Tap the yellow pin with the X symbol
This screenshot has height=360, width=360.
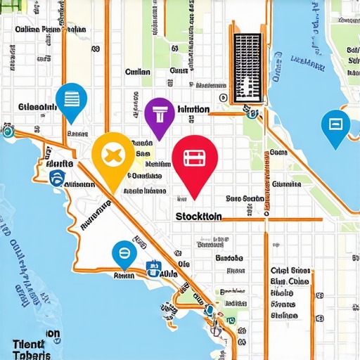click(x=112, y=155)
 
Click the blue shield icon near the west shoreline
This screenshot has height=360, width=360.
click(x=58, y=177)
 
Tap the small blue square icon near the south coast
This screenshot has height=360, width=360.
click(x=150, y=267)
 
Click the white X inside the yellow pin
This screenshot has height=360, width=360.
click(x=112, y=153)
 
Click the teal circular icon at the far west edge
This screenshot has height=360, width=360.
click(x=7, y=131)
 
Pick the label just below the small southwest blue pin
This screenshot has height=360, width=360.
click(x=123, y=276)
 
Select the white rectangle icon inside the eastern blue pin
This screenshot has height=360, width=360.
click(x=335, y=124)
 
